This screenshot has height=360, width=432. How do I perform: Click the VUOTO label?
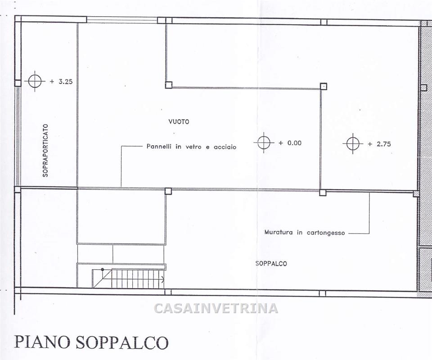(179, 121)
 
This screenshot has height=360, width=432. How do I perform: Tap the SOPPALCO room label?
(271, 264)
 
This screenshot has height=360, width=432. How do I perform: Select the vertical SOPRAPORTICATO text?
(45, 150)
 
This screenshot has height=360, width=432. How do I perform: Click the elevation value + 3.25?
(61, 81)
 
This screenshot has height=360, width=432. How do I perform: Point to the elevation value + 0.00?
(290, 143)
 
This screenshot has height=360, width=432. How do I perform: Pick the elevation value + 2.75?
(379, 144)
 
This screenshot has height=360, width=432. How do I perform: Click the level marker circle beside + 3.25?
(35, 81)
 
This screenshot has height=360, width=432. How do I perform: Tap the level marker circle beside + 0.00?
(264, 143)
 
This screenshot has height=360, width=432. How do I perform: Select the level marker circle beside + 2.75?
(353, 144)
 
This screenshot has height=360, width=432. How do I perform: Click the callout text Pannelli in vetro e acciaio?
(191, 147)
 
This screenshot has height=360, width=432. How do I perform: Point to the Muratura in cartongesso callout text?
(305, 233)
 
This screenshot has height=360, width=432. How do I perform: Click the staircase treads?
(137, 279)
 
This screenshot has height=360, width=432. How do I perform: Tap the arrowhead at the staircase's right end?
(162, 279)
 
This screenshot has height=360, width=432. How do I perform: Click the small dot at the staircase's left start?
(103, 270)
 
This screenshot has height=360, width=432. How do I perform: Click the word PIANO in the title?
(42, 342)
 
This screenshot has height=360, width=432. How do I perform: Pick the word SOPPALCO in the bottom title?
(121, 342)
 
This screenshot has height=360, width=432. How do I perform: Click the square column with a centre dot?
(324, 86)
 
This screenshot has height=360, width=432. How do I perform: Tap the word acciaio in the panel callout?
(225, 147)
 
